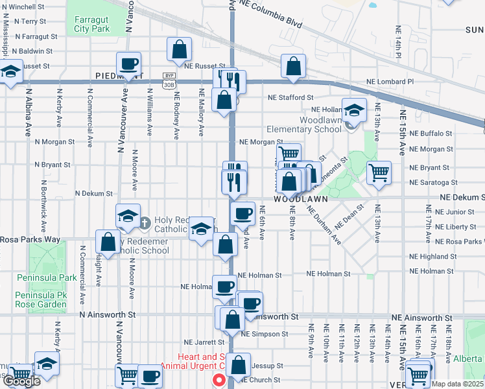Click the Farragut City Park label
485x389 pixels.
[91, 25]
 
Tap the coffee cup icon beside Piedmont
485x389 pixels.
[128, 64]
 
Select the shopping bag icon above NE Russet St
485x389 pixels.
[179, 49]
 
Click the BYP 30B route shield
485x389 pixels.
[168, 80]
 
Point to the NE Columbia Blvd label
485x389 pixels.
[270, 14]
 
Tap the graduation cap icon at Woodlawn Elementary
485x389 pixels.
[354, 110]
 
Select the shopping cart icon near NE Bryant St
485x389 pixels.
[379, 172]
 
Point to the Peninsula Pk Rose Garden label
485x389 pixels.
[41, 299]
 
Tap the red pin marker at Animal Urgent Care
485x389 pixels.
[219, 381]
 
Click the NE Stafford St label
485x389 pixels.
[292, 98]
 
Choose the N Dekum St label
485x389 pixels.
[94, 193]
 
